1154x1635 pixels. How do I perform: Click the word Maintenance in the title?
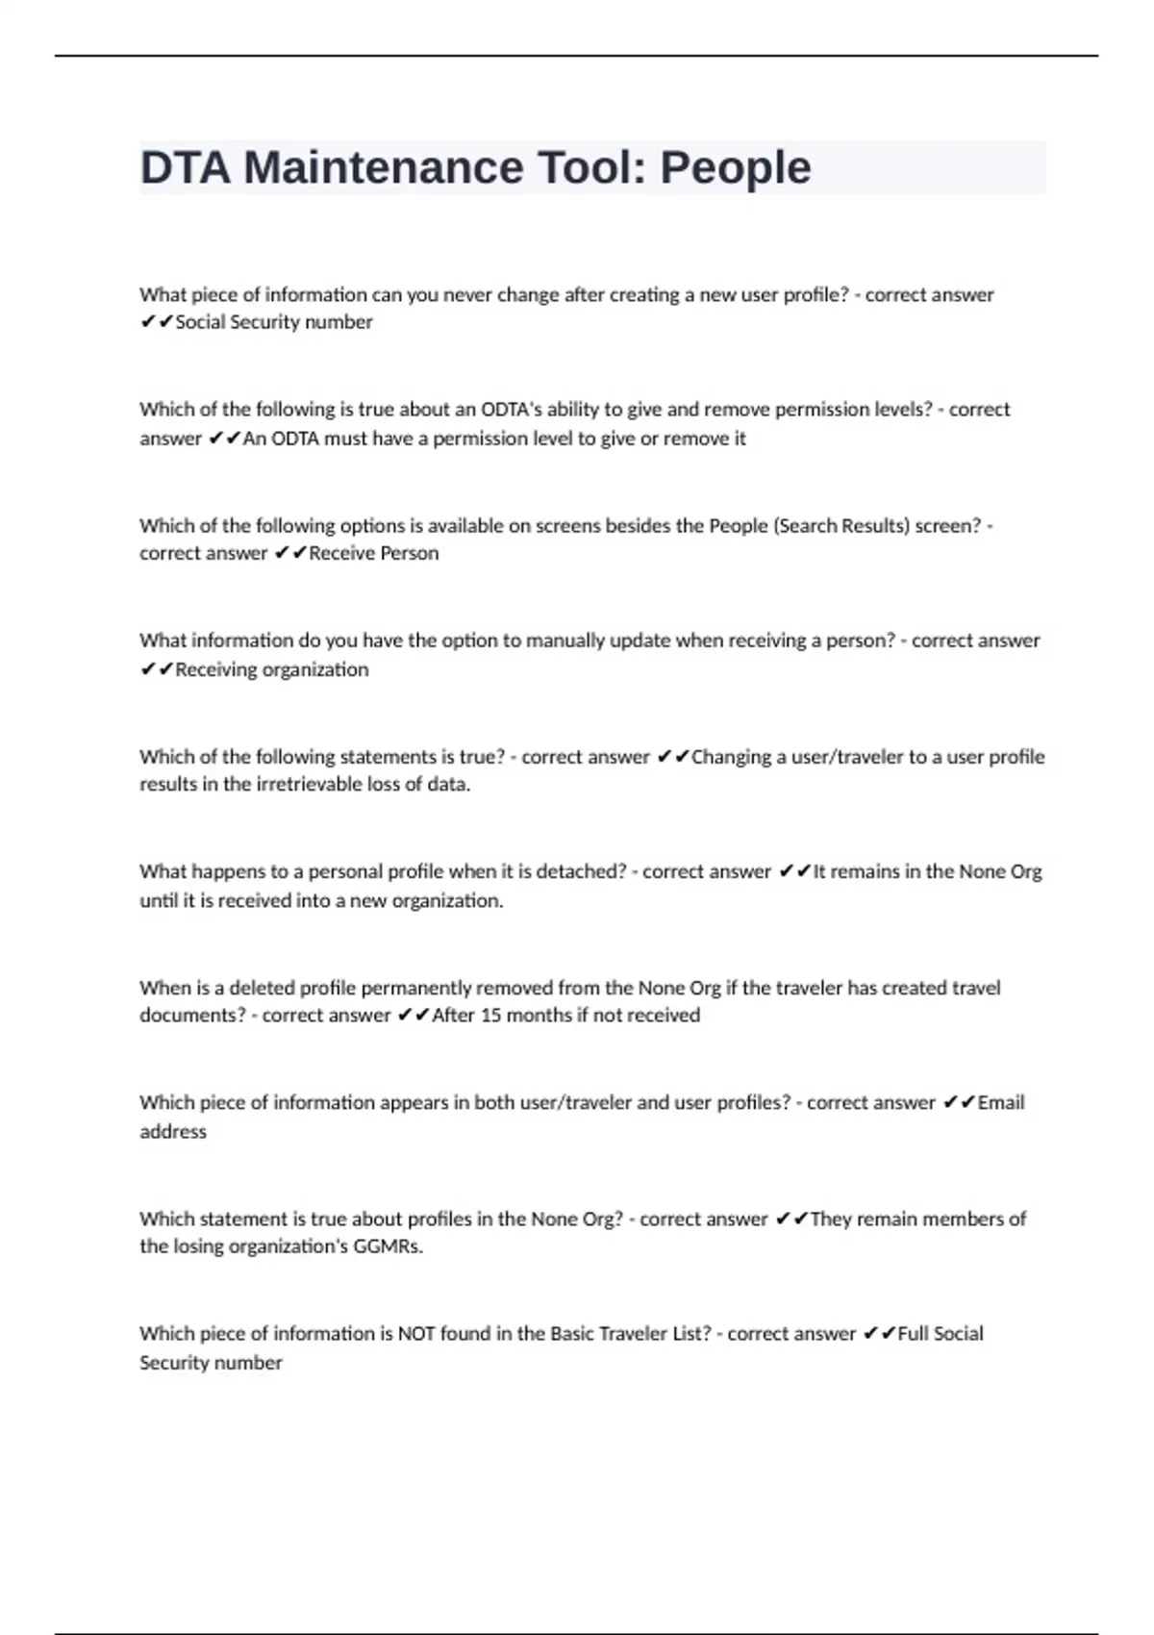[x=383, y=167]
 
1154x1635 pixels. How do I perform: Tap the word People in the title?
[x=735, y=167]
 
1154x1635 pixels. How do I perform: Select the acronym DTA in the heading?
[x=186, y=167]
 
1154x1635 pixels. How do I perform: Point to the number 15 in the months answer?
[x=490, y=1016]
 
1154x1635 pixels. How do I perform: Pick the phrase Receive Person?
[x=374, y=554]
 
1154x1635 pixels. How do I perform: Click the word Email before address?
[x=1001, y=1103]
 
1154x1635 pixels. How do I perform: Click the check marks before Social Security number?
[x=157, y=323]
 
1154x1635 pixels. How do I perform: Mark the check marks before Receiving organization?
[x=157, y=669]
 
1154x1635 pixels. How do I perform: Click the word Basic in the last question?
[x=573, y=1334]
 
